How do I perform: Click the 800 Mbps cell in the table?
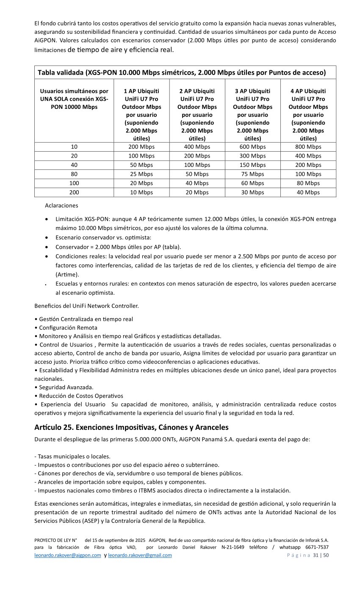(308, 147)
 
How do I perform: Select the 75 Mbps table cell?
(252, 174)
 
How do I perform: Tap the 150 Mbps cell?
(252, 165)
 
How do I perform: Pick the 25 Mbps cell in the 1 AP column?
(141, 174)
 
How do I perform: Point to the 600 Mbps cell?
(252, 147)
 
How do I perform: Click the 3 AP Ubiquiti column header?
(252, 114)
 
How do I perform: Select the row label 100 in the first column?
(74, 183)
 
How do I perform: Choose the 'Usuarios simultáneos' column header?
(74, 99)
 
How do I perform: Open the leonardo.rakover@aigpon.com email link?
(68, 555)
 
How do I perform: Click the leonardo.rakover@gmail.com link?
(140, 555)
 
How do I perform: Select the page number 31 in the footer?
(316, 555)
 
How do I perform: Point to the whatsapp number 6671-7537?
(317, 547)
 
